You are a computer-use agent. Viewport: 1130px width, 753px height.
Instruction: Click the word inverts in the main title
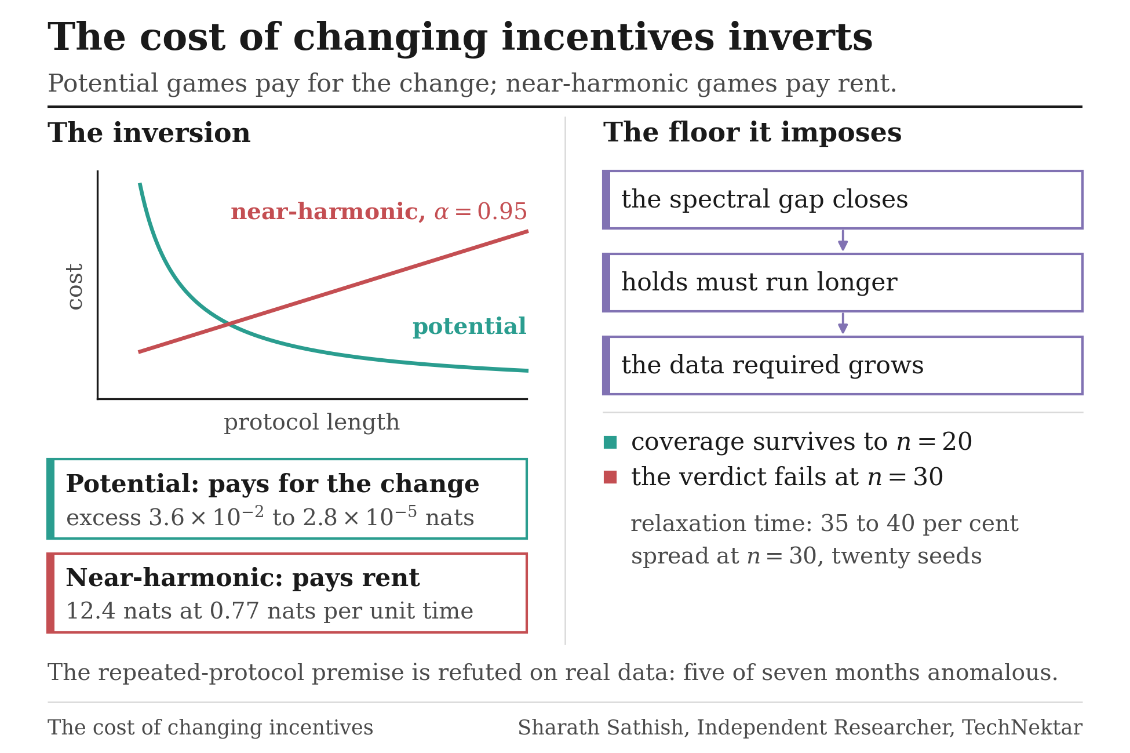coord(800,38)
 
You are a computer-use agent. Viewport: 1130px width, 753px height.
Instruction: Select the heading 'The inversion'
coord(149,133)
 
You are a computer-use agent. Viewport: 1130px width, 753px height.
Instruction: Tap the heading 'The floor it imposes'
coord(752,133)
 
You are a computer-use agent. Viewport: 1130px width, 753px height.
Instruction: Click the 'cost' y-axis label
coord(75,286)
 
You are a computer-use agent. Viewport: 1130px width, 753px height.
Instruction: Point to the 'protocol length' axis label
coord(312,422)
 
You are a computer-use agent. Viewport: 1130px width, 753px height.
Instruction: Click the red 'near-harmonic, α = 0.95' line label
coord(379,212)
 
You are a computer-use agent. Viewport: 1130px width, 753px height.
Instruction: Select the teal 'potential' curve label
coord(469,326)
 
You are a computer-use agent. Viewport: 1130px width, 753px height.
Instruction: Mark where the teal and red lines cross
coord(229,323)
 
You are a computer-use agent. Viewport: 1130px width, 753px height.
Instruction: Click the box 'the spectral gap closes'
coord(843,199)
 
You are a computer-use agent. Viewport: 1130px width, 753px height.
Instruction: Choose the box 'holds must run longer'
coord(843,282)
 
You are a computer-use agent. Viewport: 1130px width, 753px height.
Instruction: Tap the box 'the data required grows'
coord(843,365)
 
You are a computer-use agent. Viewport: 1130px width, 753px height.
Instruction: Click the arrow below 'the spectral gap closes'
coord(843,241)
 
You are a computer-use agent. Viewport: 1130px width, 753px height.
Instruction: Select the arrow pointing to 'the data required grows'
coord(843,323)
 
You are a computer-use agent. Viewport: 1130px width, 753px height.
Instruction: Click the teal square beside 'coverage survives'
coord(610,442)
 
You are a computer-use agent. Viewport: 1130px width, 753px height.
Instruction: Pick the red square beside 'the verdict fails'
coord(610,477)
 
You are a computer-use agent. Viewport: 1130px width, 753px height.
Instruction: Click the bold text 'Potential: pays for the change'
coord(272,484)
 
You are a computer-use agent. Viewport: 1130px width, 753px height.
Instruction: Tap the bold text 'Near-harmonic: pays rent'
coord(243,578)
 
